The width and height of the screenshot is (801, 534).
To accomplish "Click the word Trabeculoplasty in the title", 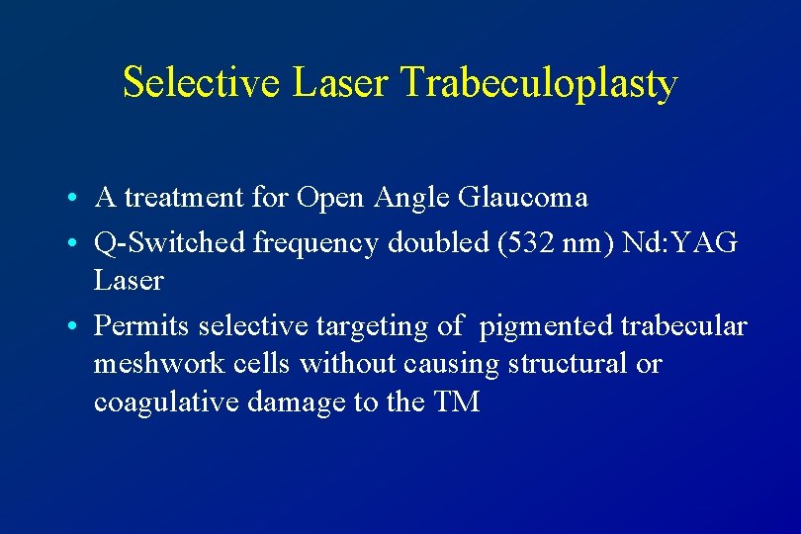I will click(539, 85).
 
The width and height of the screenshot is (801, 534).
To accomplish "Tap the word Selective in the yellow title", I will click(203, 83).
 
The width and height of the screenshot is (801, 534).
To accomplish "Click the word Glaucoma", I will click(523, 198).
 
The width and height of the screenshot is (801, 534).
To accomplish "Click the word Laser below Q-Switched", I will click(129, 281).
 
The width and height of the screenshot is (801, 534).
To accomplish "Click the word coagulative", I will click(155, 402).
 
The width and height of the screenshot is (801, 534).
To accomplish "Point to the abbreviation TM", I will click(456, 402).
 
